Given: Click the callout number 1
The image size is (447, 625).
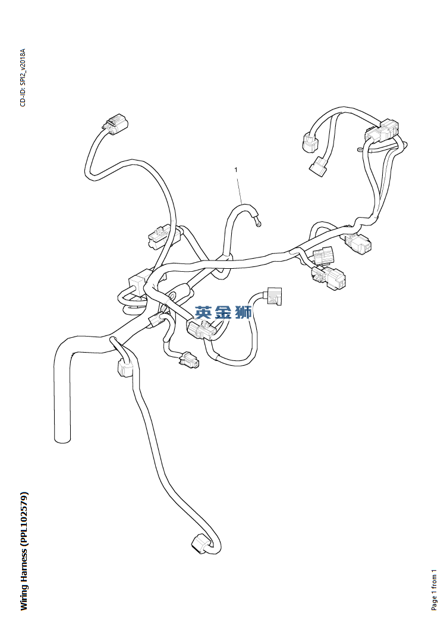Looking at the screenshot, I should [x=236, y=170].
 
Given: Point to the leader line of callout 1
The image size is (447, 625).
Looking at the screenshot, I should [x=240, y=189].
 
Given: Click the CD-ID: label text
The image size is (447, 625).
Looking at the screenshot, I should [x=23, y=97].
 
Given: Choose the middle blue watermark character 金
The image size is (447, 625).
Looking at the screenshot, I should [x=223, y=312].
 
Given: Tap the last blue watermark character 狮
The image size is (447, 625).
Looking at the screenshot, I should [x=244, y=312].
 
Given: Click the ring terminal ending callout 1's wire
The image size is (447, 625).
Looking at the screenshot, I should [x=259, y=224].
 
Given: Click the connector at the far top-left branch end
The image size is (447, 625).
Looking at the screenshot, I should [x=114, y=124].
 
